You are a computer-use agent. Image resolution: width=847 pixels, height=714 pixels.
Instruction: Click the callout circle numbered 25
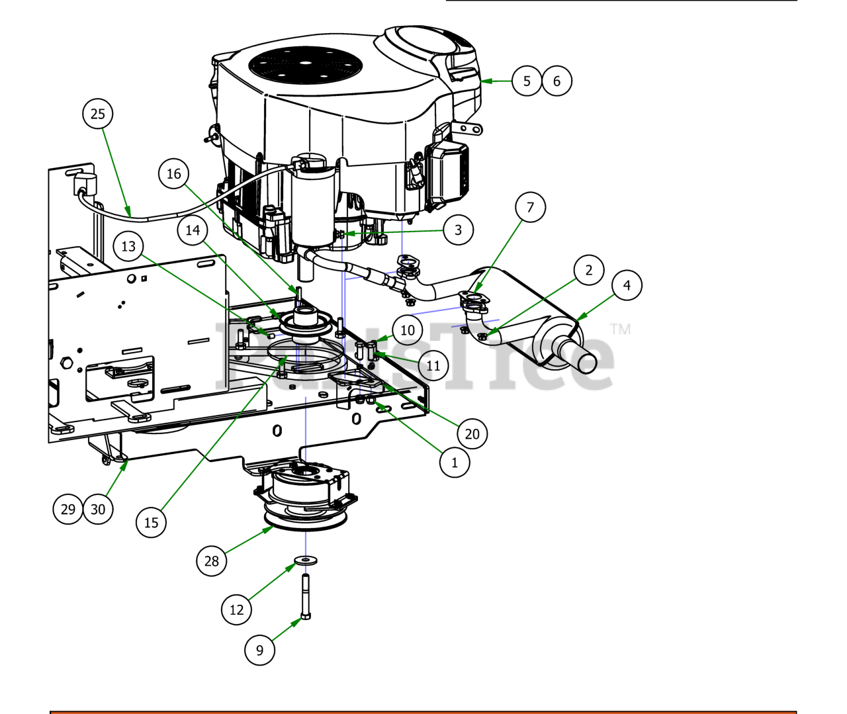click(97, 114)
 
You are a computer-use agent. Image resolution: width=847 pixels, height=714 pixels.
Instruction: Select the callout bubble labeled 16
click(173, 174)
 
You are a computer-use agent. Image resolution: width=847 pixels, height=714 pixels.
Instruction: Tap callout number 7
click(530, 207)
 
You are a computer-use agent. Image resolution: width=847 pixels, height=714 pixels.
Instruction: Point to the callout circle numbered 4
click(627, 286)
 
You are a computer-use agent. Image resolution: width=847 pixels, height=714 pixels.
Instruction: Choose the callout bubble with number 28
click(211, 561)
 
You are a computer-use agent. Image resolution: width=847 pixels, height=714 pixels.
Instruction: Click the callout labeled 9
click(259, 650)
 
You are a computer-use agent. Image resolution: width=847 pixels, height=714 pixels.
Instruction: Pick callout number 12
click(236, 610)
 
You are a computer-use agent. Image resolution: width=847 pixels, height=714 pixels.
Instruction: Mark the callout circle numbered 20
click(472, 434)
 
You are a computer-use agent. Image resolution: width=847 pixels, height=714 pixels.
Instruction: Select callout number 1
click(455, 463)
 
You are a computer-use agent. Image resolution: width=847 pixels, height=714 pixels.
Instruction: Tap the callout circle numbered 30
click(98, 510)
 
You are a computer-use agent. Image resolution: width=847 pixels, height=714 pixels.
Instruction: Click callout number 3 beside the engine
click(458, 230)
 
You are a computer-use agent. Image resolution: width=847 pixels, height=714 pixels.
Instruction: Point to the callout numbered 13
click(128, 247)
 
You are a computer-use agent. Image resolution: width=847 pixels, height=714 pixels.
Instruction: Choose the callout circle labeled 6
click(557, 81)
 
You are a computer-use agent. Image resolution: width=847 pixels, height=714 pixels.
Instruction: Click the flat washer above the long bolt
click(305, 561)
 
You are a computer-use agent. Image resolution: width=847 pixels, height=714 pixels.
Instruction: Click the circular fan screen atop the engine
click(305, 65)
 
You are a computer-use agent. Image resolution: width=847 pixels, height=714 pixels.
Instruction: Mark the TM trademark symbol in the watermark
click(620, 329)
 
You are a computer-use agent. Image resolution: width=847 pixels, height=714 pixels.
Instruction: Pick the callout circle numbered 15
click(151, 523)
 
